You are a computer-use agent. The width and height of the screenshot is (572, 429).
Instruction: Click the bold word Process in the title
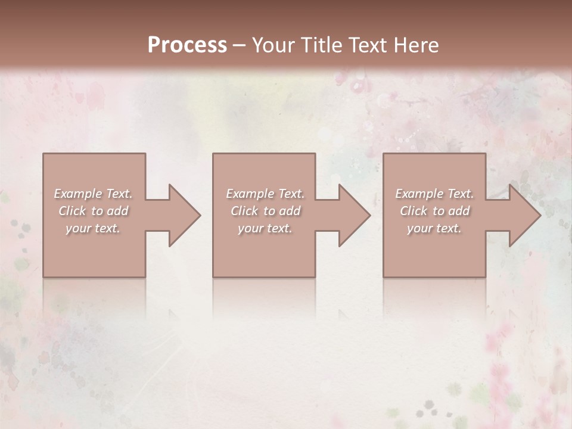click(187, 45)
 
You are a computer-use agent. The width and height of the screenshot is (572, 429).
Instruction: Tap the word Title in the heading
click(320, 45)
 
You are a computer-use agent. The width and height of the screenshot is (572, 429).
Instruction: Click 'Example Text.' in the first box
click(94, 194)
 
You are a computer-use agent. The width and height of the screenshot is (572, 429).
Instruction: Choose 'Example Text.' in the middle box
click(265, 194)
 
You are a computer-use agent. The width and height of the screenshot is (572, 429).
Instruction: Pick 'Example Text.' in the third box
click(434, 194)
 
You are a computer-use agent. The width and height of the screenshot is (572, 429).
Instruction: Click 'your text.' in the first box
click(94, 228)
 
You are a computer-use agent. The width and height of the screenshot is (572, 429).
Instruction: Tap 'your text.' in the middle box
click(265, 228)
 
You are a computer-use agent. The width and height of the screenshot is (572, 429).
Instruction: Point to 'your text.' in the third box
click(434, 228)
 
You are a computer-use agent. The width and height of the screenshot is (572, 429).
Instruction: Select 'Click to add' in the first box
click(94, 211)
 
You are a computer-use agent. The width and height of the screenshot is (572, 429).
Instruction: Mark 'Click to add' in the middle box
click(265, 211)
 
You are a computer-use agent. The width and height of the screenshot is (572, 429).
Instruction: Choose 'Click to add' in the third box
click(434, 211)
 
